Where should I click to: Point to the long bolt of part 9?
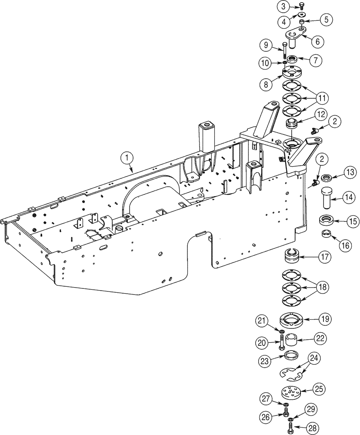283,50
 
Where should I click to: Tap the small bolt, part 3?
301,6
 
